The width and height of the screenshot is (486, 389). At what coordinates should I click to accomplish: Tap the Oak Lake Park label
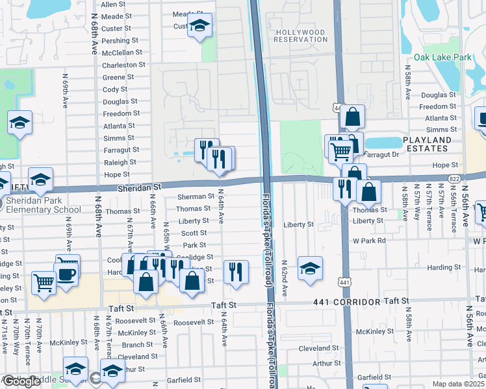[442, 58]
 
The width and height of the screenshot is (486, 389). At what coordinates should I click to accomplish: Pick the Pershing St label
[118, 41]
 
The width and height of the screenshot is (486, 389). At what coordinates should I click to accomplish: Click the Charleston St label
[124, 65]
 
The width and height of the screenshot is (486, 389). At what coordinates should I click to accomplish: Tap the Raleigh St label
[120, 163]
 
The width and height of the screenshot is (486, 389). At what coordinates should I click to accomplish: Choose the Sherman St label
[196, 196]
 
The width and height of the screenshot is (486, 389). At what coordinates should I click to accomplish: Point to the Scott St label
[194, 233]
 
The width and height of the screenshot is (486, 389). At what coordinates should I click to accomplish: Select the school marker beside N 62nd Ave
[311, 267]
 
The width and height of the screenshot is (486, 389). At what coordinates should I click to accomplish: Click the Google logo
[21, 381]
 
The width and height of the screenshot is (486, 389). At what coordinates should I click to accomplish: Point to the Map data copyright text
[459, 384]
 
